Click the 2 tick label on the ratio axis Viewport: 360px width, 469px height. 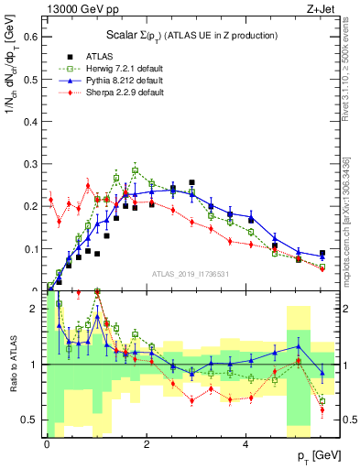tap(35, 309)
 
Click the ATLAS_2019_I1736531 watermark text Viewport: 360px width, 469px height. tap(191, 272)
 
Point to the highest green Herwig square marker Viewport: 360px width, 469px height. tap(135, 170)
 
